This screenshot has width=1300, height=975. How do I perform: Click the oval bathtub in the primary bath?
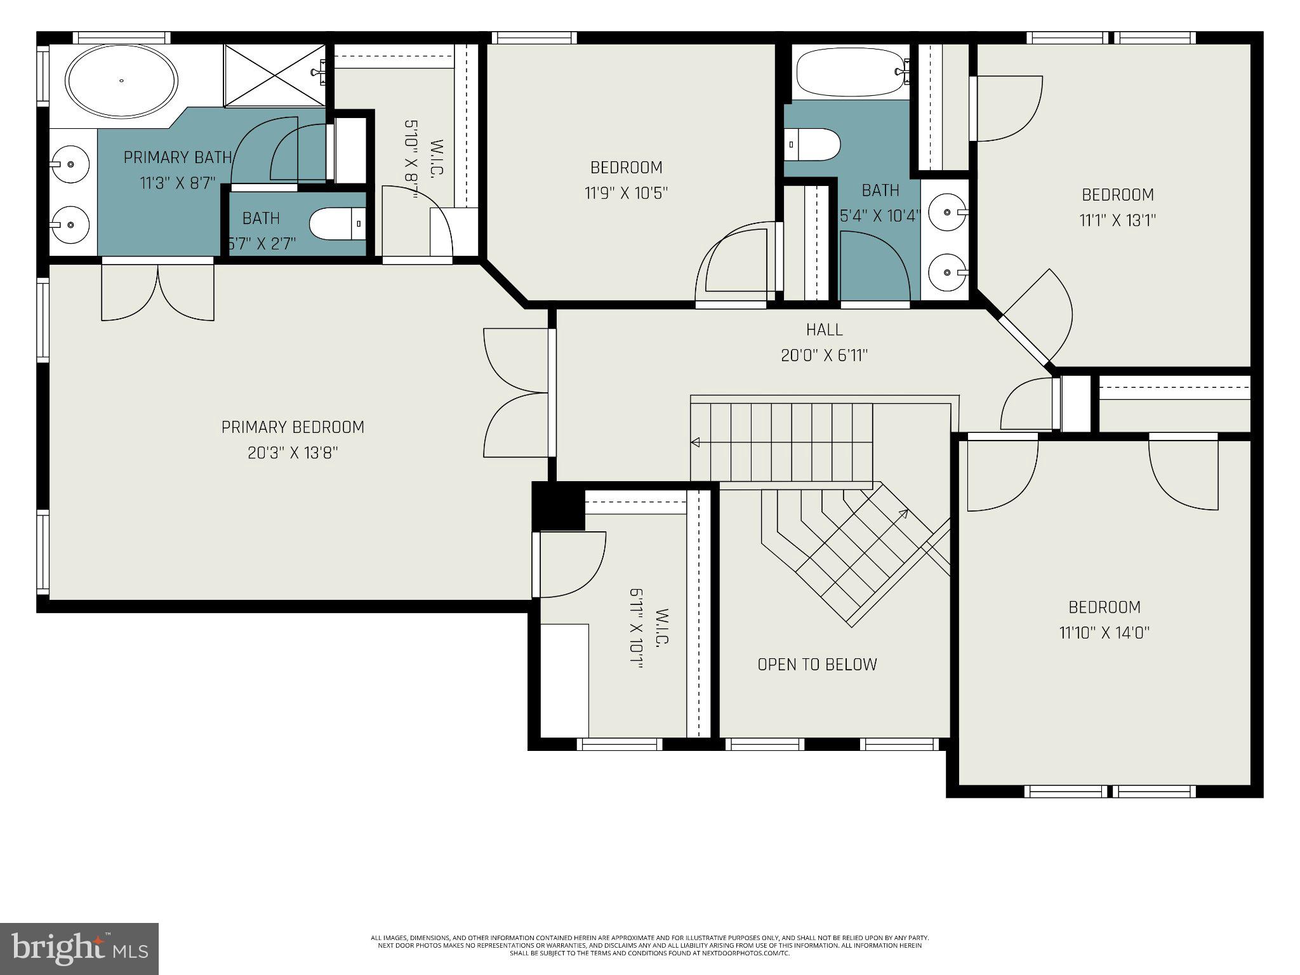tap(122, 81)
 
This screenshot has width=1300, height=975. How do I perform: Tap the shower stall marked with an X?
tap(274, 75)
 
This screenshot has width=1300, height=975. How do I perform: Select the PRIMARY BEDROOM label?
tap(293, 427)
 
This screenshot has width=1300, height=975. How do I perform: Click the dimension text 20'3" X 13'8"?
tap(293, 453)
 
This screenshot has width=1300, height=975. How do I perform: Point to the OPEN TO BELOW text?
tap(817, 665)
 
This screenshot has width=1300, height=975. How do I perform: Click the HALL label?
tap(824, 330)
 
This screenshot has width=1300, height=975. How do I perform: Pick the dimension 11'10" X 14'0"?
tap(1104, 633)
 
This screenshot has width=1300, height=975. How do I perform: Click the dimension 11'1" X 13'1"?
tap(1117, 221)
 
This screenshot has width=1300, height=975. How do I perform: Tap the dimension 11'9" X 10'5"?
tap(626, 193)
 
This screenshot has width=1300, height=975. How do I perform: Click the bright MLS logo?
tap(79, 948)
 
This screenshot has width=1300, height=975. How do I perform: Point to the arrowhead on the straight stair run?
tap(696, 442)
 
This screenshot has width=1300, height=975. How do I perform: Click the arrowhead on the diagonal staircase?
tap(903, 513)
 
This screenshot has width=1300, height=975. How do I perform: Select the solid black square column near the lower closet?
tap(558, 506)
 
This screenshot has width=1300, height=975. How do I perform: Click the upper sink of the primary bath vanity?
tap(69, 164)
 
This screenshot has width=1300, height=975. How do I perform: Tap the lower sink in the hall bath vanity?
tap(948, 272)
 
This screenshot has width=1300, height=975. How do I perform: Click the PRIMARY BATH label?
tap(178, 157)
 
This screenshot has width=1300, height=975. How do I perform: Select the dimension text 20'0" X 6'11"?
tap(824, 356)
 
